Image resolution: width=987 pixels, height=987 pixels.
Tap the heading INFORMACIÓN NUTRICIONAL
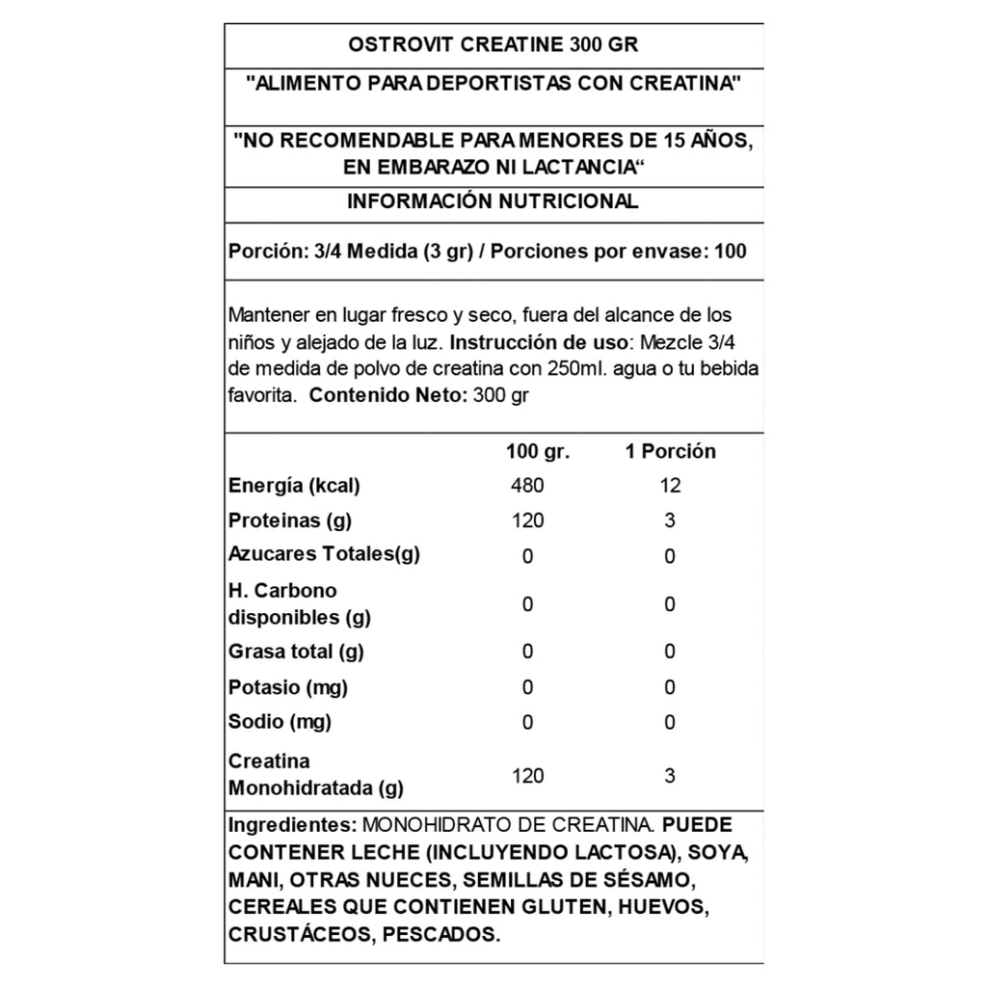(493, 201)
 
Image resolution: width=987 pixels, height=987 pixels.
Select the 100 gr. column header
(539, 451)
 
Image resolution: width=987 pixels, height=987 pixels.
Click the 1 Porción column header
(671, 451)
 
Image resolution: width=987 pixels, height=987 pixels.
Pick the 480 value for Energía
(527, 486)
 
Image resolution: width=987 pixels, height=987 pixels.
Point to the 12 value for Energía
(670, 486)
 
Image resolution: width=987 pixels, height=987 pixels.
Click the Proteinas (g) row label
(290, 521)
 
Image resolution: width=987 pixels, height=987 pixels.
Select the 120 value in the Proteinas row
(527, 521)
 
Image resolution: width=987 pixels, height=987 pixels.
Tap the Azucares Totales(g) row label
(324, 554)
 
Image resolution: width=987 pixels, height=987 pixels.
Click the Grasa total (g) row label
(296, 652)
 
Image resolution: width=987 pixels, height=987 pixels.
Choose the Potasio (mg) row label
(288, 688)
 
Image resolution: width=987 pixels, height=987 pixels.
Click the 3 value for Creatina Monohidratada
(670, 776)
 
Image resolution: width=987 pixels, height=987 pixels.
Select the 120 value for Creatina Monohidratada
(527, 776)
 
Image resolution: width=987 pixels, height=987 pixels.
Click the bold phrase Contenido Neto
(389, 395)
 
